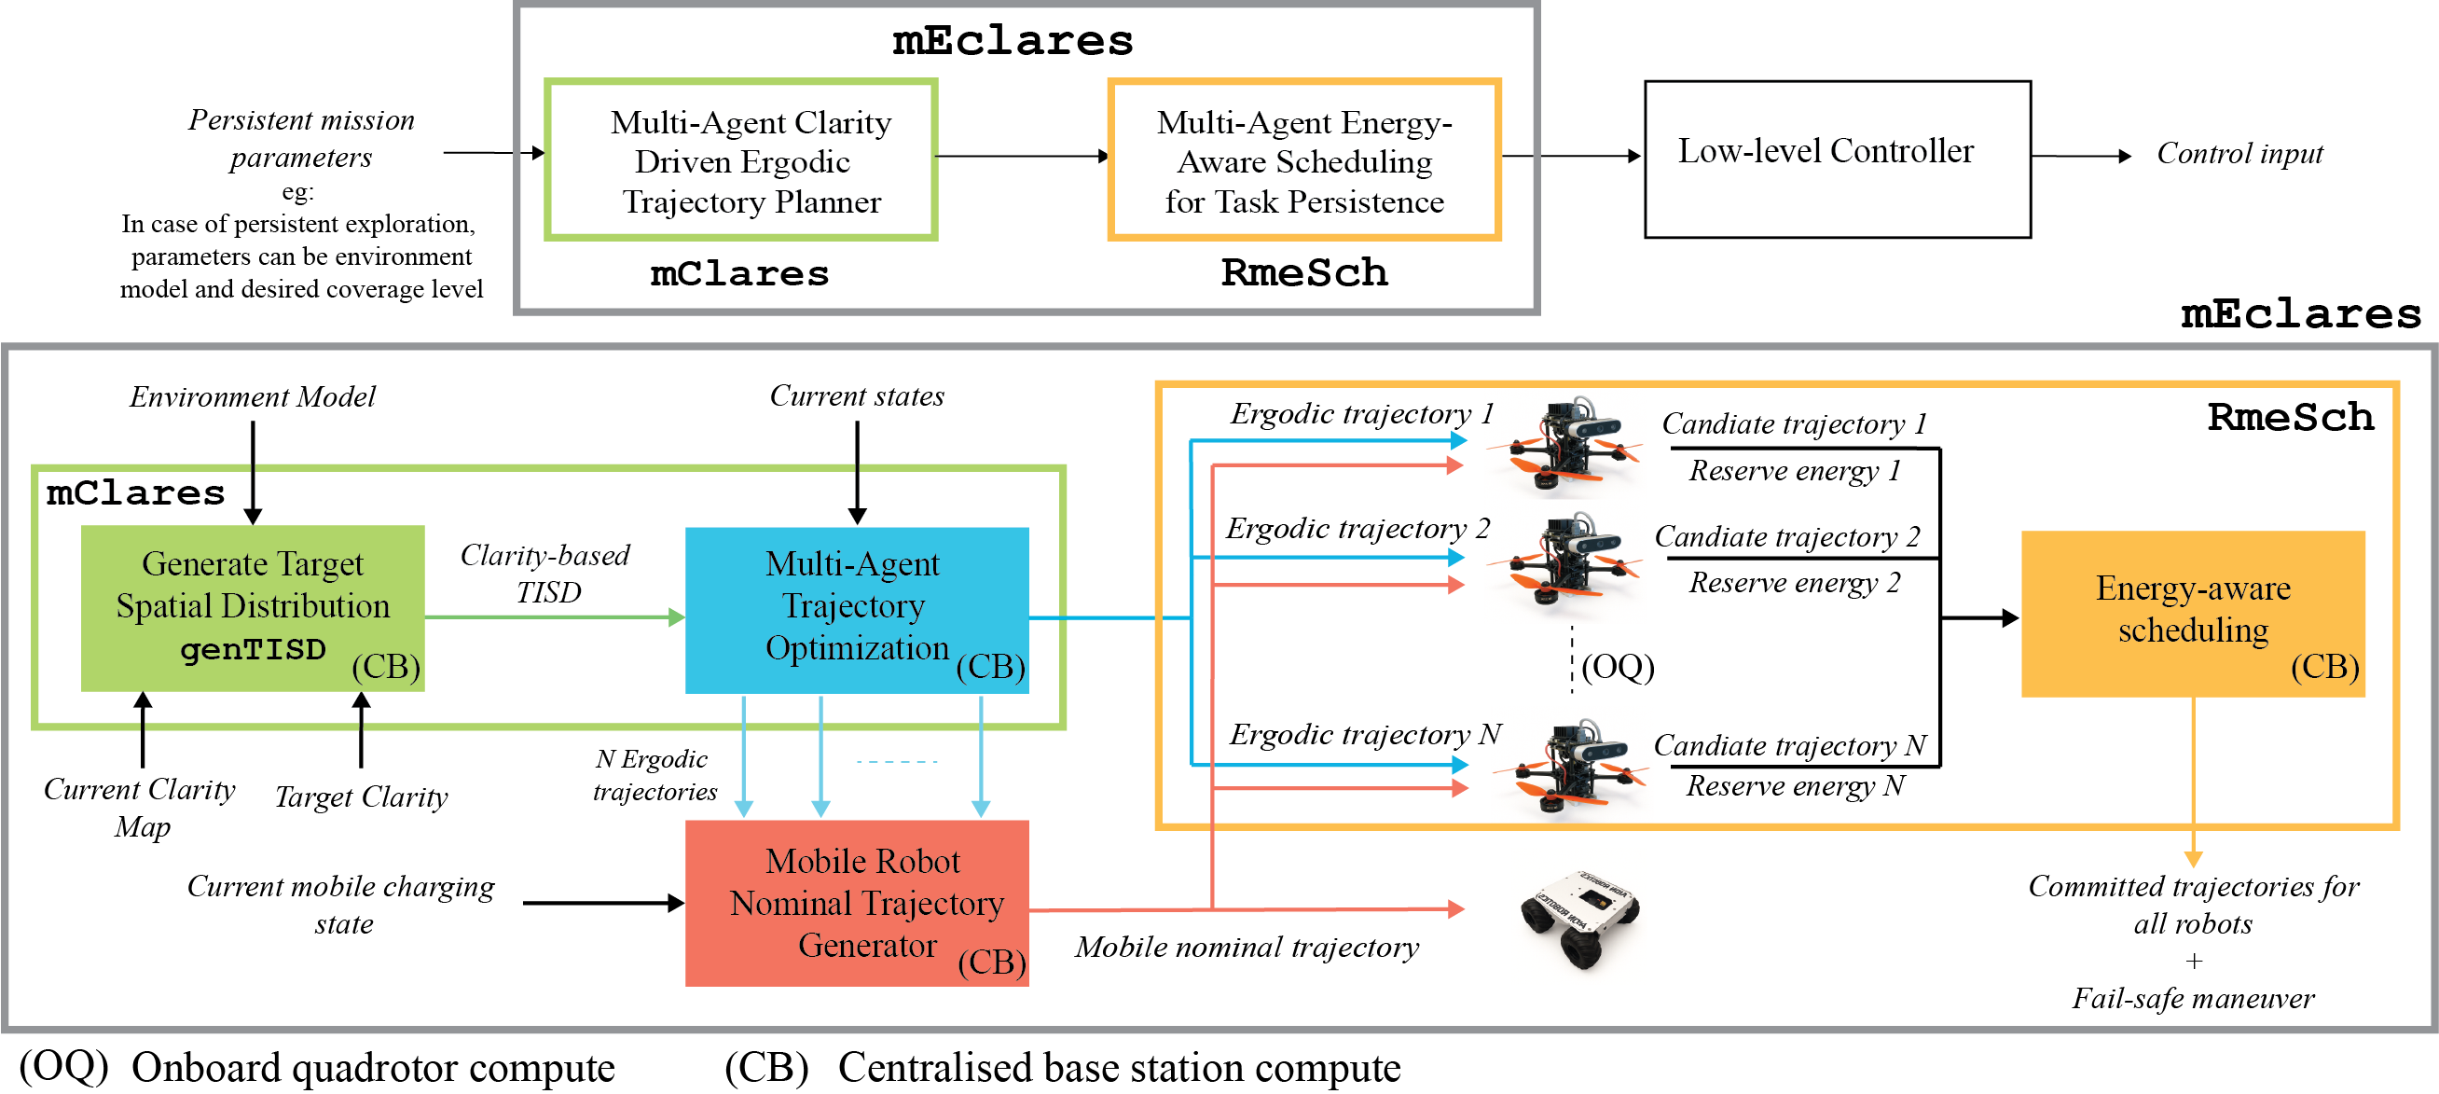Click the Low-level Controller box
(x=1836, y=159)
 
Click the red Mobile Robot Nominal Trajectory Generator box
(x=856, y=902)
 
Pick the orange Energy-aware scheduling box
(x=2192, y=613)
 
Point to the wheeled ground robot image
(x=1579, y=917)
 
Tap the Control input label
(x=2239, y=154)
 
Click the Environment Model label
(x=252, y=396)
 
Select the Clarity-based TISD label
(x=545, y=573)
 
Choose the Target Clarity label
(x=361, y=796)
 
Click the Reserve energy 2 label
(x=1793, y=583)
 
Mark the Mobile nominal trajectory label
(x=1246, y=947)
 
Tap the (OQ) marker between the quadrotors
(x=1618, y=667)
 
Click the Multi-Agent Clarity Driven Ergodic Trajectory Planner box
(x=741, y=160)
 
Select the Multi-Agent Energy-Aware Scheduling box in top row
(x=1303, y=160)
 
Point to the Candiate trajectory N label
(x=1789, y=745)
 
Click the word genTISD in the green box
(x=252, y=650)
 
